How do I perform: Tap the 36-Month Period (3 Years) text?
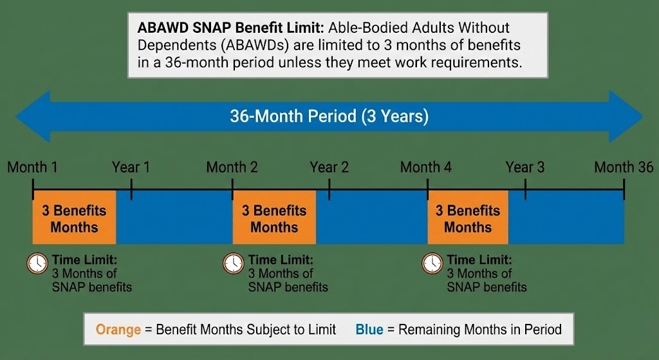[329, 117]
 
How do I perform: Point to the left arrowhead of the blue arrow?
[32, 117]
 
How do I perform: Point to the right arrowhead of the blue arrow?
[626, 117]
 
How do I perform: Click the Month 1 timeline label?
[32, 167]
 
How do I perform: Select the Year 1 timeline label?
[131, 167]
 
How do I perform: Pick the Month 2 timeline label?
[232, 167]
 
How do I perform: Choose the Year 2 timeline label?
[329, 167]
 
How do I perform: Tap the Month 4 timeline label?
[426, 167]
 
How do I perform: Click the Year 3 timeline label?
[524, 167]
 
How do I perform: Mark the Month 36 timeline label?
[623, 167]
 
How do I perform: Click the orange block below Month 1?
[74, 218]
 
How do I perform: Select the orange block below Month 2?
[274, 218]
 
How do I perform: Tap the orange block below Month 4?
[468, 218]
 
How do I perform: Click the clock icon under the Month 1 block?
[37, 263]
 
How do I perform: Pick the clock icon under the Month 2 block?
[233, 263]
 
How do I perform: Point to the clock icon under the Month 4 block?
[432, 263]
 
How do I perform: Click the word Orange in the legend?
[118, 330]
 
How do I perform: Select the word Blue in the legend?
[369, 330]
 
